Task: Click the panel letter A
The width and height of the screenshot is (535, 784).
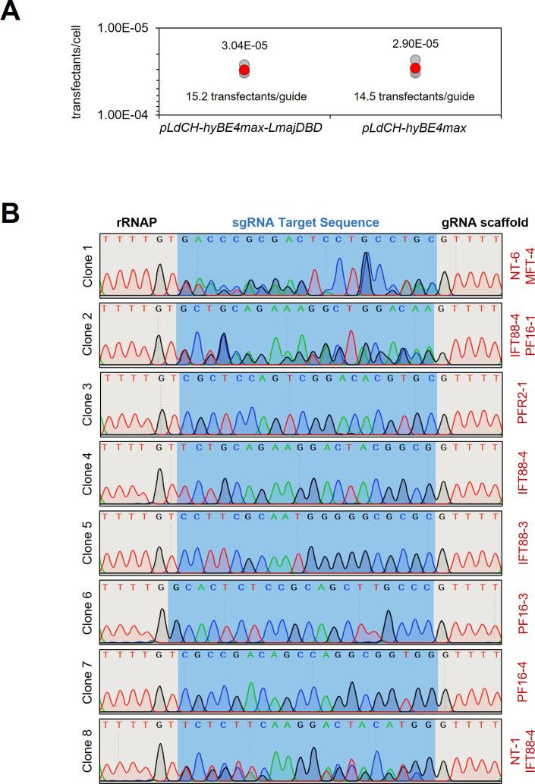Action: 13,14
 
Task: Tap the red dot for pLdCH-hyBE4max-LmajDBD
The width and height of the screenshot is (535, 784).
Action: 244,70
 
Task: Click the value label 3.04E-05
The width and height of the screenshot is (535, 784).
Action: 244,45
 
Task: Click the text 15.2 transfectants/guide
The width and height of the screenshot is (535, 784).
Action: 244,96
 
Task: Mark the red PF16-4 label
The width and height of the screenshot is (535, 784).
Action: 521,691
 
